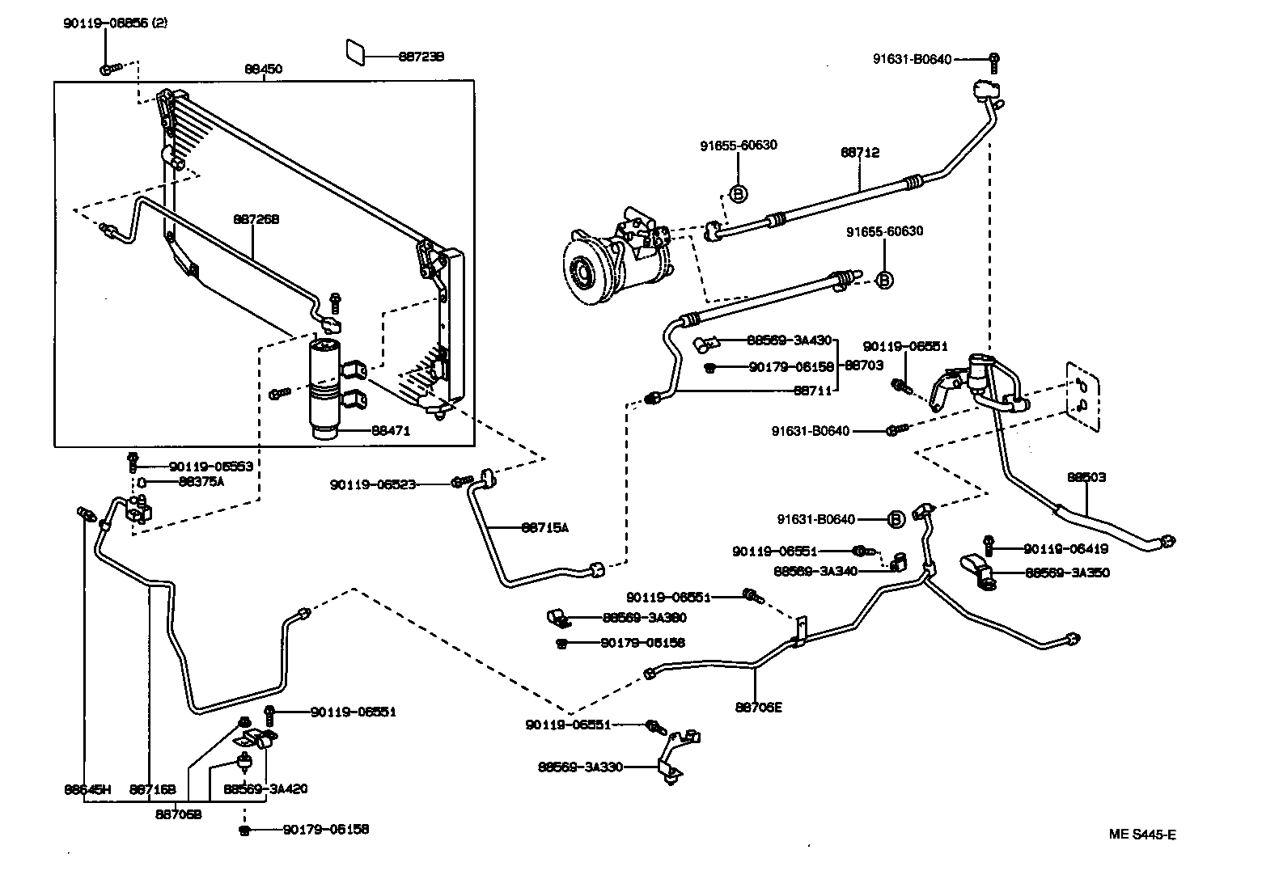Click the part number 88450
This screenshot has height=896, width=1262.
(x=263, y=70)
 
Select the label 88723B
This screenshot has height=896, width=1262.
(x=421, y=57)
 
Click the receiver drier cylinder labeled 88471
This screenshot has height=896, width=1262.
(x=326, y=390)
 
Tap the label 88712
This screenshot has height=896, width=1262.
(x=859, y=153)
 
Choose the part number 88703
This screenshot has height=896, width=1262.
(x=864, y=366)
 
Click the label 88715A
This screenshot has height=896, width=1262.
(x=544, y=528)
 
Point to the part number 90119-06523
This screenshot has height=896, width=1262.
(x=372, y=484)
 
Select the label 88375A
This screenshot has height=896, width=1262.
(x=201, y=482)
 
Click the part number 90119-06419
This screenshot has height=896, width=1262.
(x=1065, y=549)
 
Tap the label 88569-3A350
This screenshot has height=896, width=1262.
(x=1067, y=573)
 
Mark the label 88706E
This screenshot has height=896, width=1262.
(x=759, y=707)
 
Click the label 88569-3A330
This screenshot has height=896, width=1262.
(x=580, y=767)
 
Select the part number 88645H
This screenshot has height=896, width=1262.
(x=87, y=789)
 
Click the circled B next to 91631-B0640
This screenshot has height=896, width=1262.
(x=896, y=519)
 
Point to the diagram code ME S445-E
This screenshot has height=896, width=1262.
(x=1142, y=835)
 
